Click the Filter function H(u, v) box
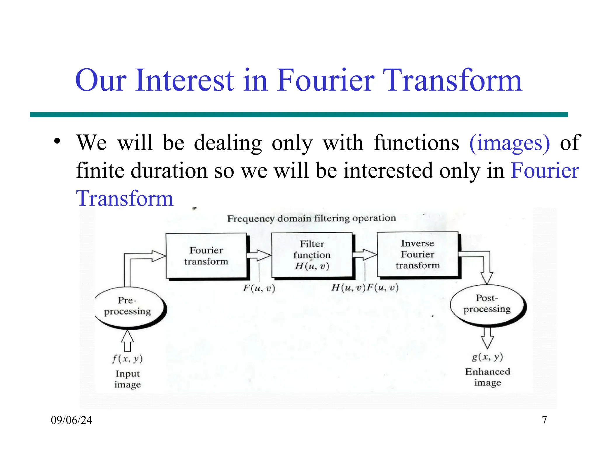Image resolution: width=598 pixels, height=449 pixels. (312, 255)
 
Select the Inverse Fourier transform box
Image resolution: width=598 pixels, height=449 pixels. (418, 254)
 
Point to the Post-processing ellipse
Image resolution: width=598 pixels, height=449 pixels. (487, 304)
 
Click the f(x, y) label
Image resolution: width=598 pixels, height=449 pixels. (127, 359)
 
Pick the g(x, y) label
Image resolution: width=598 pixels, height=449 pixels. (487, 357)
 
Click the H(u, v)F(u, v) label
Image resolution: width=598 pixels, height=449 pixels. (365, 288)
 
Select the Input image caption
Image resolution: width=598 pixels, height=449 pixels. (128, 379)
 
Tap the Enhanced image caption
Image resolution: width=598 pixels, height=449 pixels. (487, 377)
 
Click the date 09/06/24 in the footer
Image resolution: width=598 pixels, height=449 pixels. (72, 420)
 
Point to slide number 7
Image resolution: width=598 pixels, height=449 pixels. (544, 420)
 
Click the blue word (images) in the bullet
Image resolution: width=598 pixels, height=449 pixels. (510, 143)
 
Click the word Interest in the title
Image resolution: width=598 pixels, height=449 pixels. (185, 80)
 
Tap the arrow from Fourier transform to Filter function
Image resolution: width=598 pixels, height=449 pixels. (259, 255)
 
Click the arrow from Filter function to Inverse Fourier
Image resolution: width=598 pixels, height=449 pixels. (364, 255)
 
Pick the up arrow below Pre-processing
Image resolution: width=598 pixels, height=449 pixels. (127, 341)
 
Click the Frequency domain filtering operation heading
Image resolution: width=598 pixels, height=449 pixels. (312, 218)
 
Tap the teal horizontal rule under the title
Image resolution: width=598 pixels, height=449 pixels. (299, 115)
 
